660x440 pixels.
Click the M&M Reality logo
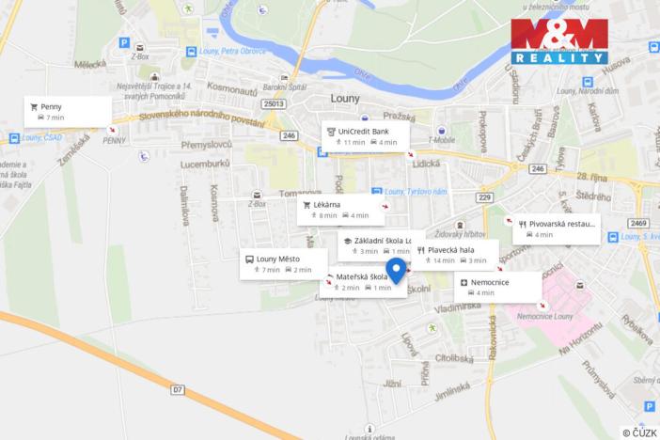coord(558,40)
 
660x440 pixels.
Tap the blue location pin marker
coord(396,271)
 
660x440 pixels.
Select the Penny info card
coord(69,112)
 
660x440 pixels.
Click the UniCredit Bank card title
coord(362,132)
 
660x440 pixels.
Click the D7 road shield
coord(178,387)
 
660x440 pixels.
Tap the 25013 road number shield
coord(274,104)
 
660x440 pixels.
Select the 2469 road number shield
coord(639,223)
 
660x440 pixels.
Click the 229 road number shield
coord(484,196)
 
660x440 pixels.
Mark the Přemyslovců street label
coord(200,147)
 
